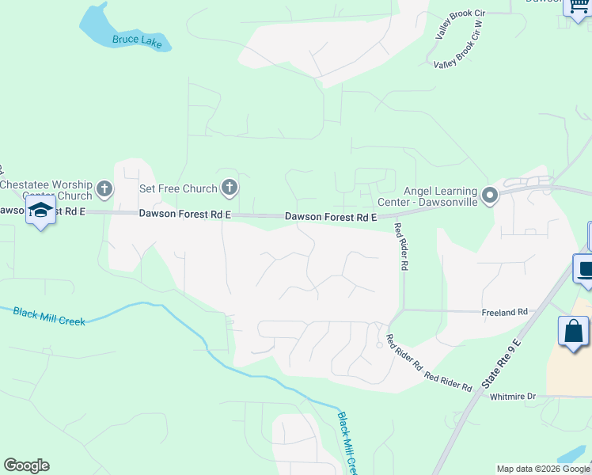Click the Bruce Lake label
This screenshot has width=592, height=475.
(137, 41)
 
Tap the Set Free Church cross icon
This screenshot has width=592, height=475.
(230, 188)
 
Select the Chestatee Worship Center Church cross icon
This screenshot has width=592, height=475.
(104, 189)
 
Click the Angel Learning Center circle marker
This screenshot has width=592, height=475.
(490, 195)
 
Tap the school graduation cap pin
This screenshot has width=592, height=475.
(40, 211)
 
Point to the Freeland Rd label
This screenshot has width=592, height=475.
(504, 313)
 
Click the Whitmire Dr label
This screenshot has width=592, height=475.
(513, 396)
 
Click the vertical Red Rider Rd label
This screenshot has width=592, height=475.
(403, 247)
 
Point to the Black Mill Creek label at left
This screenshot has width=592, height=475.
(48, 315)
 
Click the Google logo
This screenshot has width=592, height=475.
(26, 465)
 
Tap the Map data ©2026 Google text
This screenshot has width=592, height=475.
(543, 469)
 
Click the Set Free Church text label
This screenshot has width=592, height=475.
(178, 188)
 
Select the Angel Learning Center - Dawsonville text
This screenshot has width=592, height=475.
(440, 196)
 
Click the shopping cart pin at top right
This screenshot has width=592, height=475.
(576, 5)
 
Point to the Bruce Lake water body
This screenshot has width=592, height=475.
(99, 24)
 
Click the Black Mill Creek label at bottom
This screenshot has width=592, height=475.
(347, 443)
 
